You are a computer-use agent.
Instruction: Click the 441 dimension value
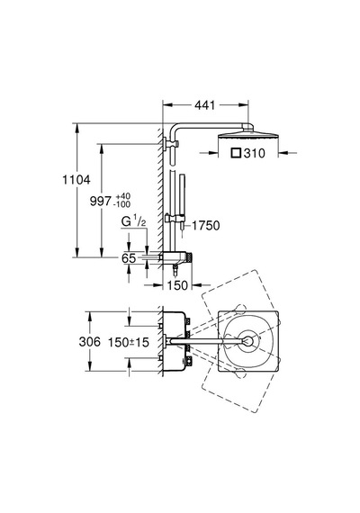205,105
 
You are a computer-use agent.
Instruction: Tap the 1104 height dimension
76,180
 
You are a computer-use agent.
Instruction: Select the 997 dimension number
101,202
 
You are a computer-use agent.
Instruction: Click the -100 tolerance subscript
121,205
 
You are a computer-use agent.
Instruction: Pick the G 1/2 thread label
133,222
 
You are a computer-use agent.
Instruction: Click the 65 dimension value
129,258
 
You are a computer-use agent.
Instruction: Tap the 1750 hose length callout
205,225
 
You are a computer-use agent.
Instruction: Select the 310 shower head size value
254,153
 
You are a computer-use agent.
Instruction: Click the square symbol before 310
236,153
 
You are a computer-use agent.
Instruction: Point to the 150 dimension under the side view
177,285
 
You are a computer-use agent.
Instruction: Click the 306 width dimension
90,342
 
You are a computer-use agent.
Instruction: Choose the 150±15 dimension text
129,342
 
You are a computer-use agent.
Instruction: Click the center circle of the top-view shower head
248,341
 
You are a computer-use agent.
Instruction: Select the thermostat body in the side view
175,257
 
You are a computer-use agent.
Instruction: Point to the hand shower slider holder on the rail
175,217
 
